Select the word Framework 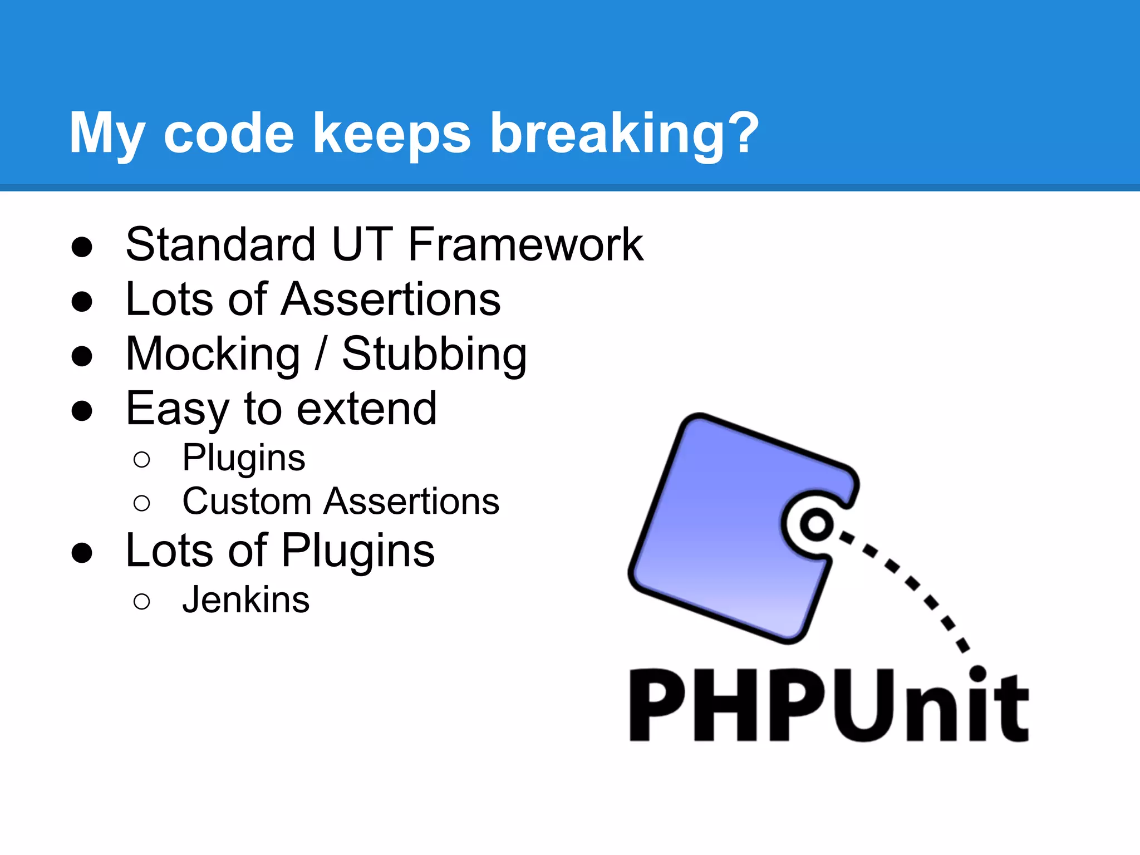pyautogui.click(x=525, y=245)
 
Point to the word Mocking pyautogui.click(x=213, y=355)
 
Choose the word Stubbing pyautogui.click(x=434, y=355)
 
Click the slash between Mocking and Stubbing pyautogui.click(x=320, y=354)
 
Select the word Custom pyautogui.click(x=247, y=502)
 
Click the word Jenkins pyautogui.click(x=245, y=600)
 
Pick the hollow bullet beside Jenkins pyautogui.click(x=142, y=602)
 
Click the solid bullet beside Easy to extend pyautogui.click(x=82, y=411)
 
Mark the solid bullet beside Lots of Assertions pyautogui.click(x=82, y=302)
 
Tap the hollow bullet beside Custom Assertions pyautogui.click(x=142, y=503)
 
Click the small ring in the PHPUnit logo pyautogui.click(x=816, y=524)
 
